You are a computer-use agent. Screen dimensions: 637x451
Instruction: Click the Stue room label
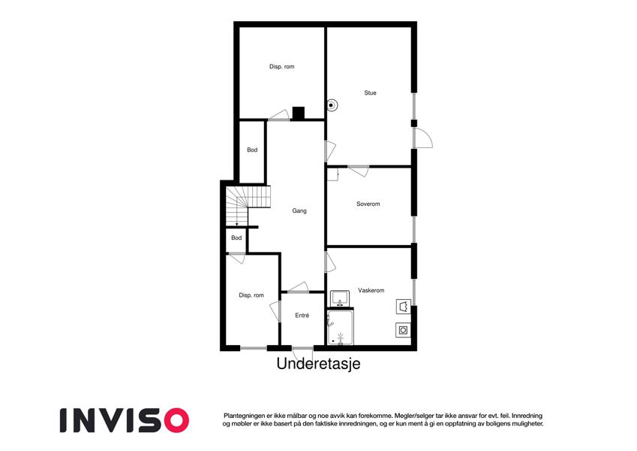370,92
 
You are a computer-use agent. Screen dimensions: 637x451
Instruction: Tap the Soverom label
368,204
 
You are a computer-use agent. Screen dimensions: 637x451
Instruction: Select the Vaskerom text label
371,290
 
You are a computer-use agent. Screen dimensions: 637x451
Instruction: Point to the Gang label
299,211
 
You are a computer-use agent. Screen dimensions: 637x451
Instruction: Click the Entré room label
302,316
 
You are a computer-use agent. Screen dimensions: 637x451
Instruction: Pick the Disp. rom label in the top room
281,66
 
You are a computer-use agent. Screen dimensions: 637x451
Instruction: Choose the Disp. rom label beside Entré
251,295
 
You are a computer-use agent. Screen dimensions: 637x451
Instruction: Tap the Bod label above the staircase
252,150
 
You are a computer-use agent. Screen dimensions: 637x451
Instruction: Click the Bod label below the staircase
236,238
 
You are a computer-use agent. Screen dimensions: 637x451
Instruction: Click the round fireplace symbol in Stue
332,105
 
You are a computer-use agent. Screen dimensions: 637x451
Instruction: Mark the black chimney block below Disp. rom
299,114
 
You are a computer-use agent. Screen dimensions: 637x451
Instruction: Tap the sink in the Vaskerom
340,298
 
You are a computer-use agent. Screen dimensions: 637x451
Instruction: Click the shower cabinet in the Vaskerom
341,327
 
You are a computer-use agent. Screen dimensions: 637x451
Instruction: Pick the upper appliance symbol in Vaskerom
404,307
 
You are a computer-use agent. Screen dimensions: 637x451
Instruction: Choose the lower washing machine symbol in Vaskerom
403,330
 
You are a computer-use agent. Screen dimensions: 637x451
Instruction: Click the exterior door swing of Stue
423,138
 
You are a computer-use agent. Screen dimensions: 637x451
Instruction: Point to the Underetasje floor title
318,364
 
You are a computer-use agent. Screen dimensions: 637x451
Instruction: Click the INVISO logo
125,420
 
